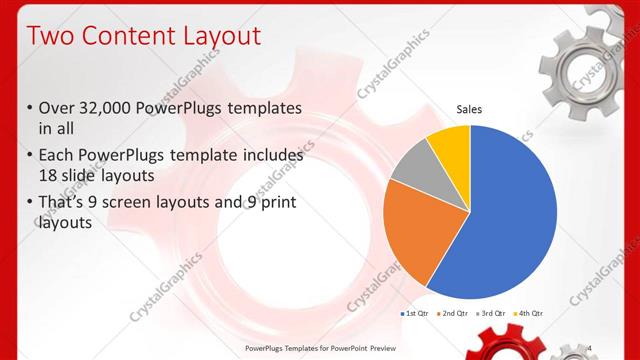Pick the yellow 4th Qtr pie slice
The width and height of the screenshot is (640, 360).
(450, 145)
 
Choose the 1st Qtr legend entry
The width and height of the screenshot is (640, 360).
(416, 313)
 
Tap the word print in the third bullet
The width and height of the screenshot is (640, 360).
(275, 204)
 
